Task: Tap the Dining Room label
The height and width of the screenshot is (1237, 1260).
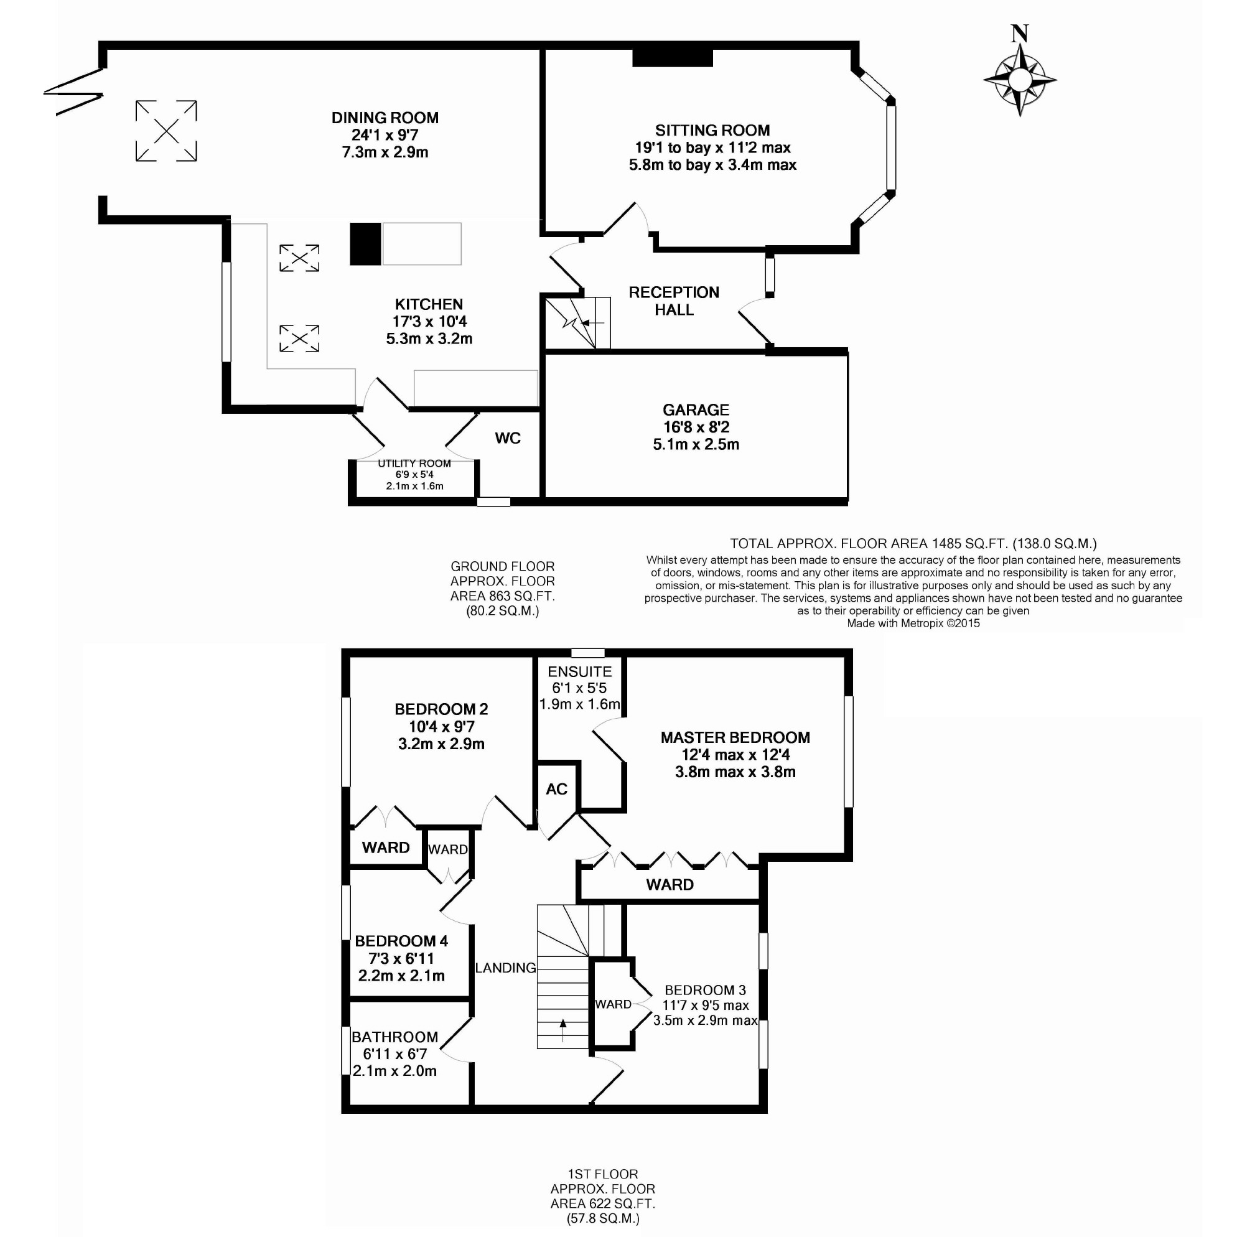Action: click(385, 118)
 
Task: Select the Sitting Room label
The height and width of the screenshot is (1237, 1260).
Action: click(712, 131)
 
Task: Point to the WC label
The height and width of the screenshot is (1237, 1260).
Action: click(508, 439)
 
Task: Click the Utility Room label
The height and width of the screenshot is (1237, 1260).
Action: click(414, 463)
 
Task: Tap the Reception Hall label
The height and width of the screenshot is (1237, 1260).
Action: click(674, 301)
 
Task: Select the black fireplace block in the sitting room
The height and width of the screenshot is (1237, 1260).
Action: click(673, 58)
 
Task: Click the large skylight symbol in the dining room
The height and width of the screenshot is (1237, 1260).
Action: click(166, 131)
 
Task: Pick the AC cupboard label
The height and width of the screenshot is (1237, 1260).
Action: click(557, 789)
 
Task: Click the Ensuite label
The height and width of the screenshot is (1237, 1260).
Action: click(580, 672)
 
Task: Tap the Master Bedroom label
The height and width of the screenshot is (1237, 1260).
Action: click(735, 737)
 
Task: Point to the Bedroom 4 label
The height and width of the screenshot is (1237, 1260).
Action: click(401, 941)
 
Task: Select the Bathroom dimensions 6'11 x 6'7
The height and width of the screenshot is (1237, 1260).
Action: click(395, 1054)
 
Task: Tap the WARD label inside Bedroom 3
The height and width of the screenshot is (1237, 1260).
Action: click(613, 1004)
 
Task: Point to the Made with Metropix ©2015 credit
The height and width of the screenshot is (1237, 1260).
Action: click(913, 623)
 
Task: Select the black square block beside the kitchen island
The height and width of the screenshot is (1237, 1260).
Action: click(365, 245)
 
